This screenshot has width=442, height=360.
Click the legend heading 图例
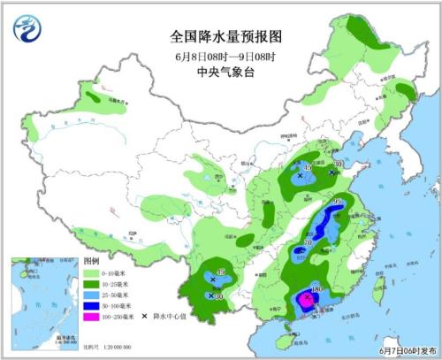click(x=91, y=263)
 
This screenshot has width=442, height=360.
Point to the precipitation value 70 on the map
click(x=309, y=241)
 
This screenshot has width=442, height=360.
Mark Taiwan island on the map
click(x=369, y=293)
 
